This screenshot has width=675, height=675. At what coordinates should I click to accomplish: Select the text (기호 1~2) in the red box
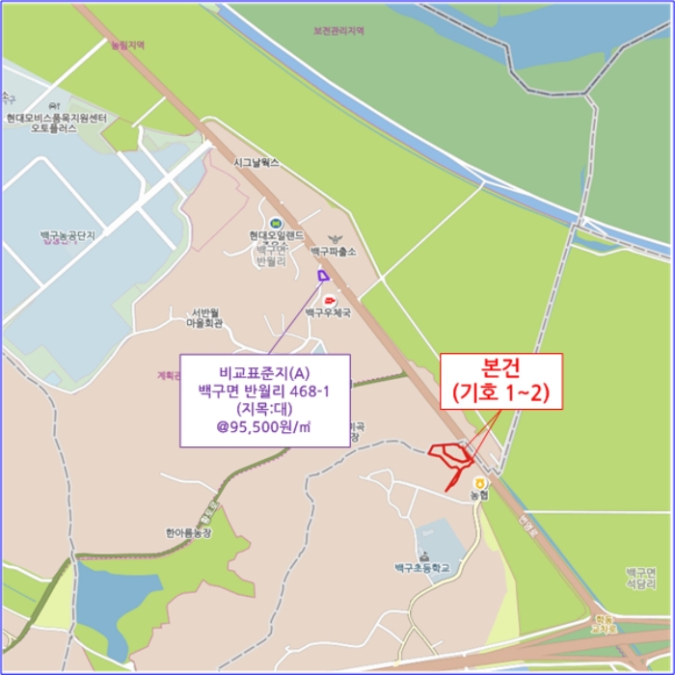tap(500, 392)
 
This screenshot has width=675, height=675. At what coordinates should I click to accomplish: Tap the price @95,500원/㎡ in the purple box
tap(263, 425)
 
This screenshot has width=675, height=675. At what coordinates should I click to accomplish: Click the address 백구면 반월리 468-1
tap(263, 390)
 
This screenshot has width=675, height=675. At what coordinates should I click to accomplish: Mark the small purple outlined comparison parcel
tap(322, 277)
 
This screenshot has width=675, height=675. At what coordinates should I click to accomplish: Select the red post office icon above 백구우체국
tap(331, 301)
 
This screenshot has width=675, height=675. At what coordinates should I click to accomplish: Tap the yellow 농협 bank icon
tap(479, 483)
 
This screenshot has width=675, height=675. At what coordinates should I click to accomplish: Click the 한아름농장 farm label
tap(187, 531)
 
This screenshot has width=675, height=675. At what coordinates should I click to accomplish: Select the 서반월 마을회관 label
tap(204, 317)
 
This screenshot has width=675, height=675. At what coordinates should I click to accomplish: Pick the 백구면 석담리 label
tap(641, 578)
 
